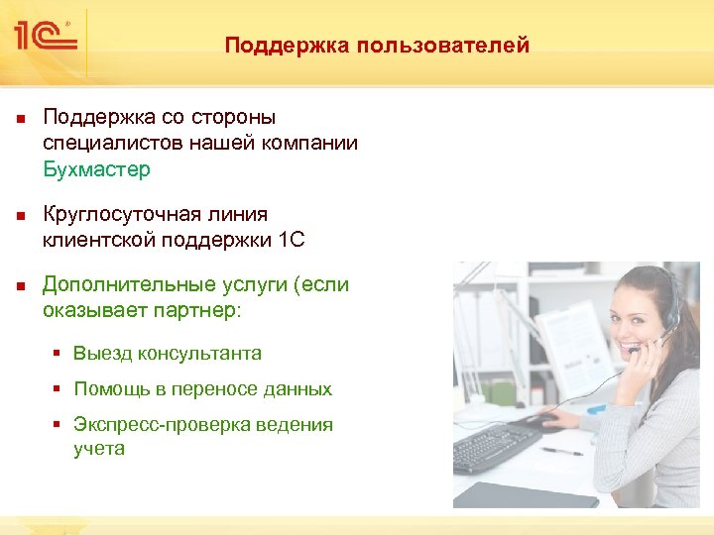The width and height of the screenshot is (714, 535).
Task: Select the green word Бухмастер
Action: click(96, 169)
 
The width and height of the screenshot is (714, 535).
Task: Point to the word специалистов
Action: click(107, 144)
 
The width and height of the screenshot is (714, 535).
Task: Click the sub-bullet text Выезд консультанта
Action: click(167, 353)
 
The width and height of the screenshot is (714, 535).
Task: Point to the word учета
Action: click(99, 448)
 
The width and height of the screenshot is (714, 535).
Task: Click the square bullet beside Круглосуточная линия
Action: click(20, 215)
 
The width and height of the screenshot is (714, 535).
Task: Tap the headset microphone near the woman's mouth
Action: click(633, 349)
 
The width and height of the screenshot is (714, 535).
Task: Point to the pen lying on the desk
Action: click(562, 451)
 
